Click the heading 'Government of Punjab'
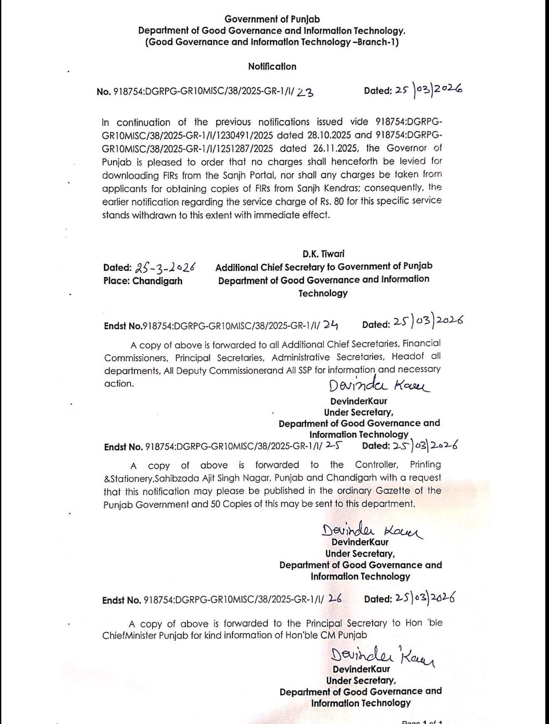click(272, 19)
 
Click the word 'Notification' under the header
click(272, 67)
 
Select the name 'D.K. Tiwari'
click(323, 254)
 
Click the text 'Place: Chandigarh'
click(142, 281)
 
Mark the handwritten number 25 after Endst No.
click(333, 445)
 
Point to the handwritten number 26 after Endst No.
click(335, 599)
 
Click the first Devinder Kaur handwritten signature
click(379, 386)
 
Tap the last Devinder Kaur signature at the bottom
click(382, 655)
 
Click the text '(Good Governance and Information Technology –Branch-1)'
click(272, 42)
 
